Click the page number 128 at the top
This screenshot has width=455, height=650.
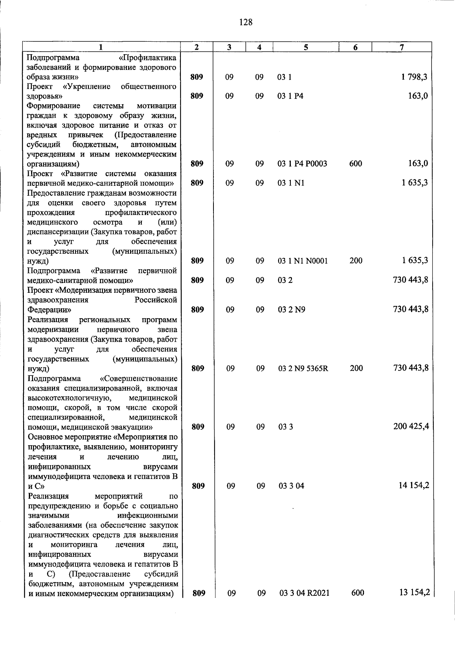pyautogui.click(x=246, y=22)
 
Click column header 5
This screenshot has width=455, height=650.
pyautogui.click(x=306, y=47)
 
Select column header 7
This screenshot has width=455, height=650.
pyautogui.click(x=402, y=47)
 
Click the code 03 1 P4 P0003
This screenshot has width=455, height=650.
pyautogui.click(x=302, y=164)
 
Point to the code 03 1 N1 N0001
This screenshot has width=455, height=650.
pyautogui.click(x=303, y=261)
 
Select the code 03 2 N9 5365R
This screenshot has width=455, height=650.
pyautogui.click(x=303, y=368)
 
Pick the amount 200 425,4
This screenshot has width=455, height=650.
pyautogui.click(x=411, y=426)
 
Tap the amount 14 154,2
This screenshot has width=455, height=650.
pyautogui.click(x=414, y=485)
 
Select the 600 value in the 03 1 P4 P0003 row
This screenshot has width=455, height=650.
pyautogui.click(x=356, y=164)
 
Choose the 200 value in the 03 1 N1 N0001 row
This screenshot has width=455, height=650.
pyautogui.click(x=356, y=261)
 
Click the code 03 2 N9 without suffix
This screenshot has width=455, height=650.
pyautogui.click(x=292, y=310)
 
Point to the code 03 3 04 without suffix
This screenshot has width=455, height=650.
pyautogui.click(x=291, y=486)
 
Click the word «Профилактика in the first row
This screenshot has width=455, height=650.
pyautogui.click(x=147, y=58)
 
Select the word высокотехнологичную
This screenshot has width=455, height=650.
pyautogui.click(x=69, y=398)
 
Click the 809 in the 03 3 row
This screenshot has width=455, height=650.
pyautogui.click(x=198, y=427)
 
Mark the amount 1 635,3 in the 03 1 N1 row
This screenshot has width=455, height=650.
pyautogui.click(x=414, y=183)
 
